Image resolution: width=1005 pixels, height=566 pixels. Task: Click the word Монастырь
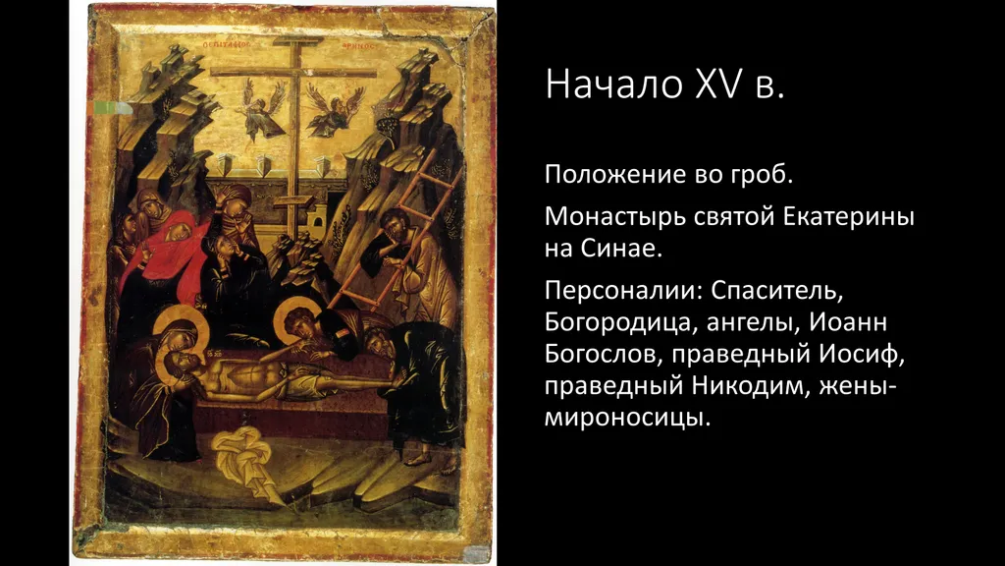(614, 217)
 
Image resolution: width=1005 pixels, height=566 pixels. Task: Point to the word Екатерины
(849, 217)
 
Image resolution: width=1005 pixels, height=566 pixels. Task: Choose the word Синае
(621, 248)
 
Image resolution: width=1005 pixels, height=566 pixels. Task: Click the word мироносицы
(627, 419)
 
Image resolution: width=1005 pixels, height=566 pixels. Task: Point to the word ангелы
(753, 322)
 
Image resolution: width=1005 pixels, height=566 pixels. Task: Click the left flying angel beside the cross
(262, 110)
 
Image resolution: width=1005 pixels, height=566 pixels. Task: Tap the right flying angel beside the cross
(334, 110)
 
